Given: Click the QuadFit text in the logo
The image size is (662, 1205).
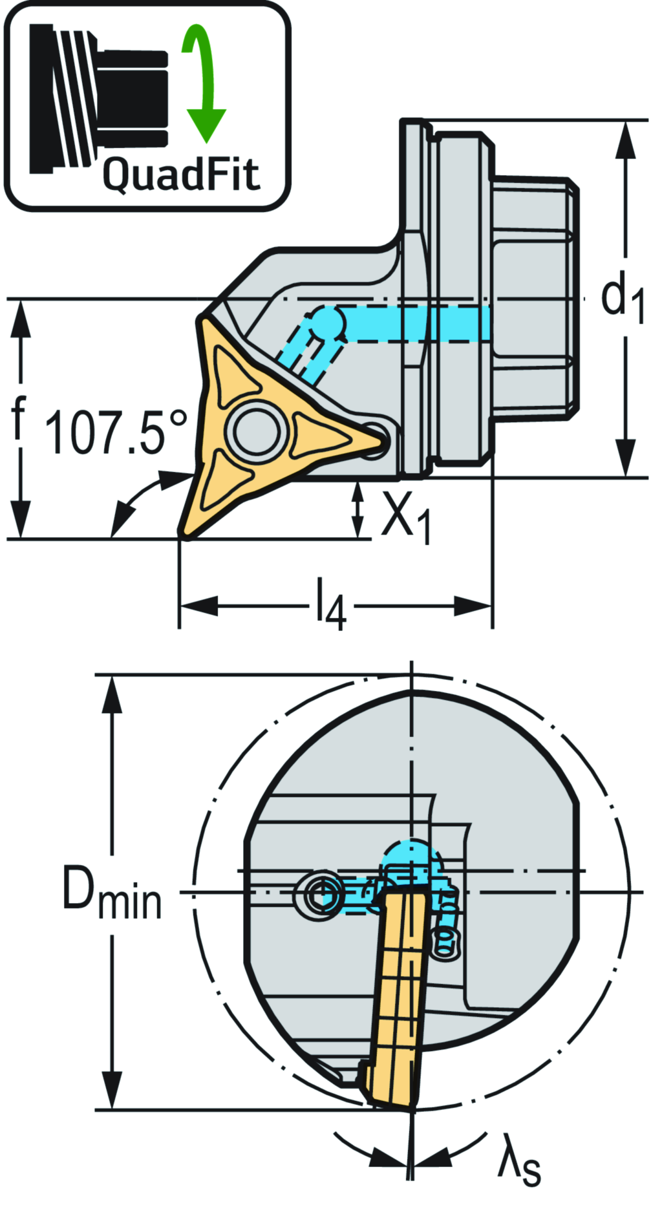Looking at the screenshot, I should coord(181,174).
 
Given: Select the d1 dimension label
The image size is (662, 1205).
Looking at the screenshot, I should coord(622,299).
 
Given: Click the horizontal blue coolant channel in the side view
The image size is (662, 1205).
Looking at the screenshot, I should coord(414,323).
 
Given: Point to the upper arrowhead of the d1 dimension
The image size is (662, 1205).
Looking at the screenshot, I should coord(625,139).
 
